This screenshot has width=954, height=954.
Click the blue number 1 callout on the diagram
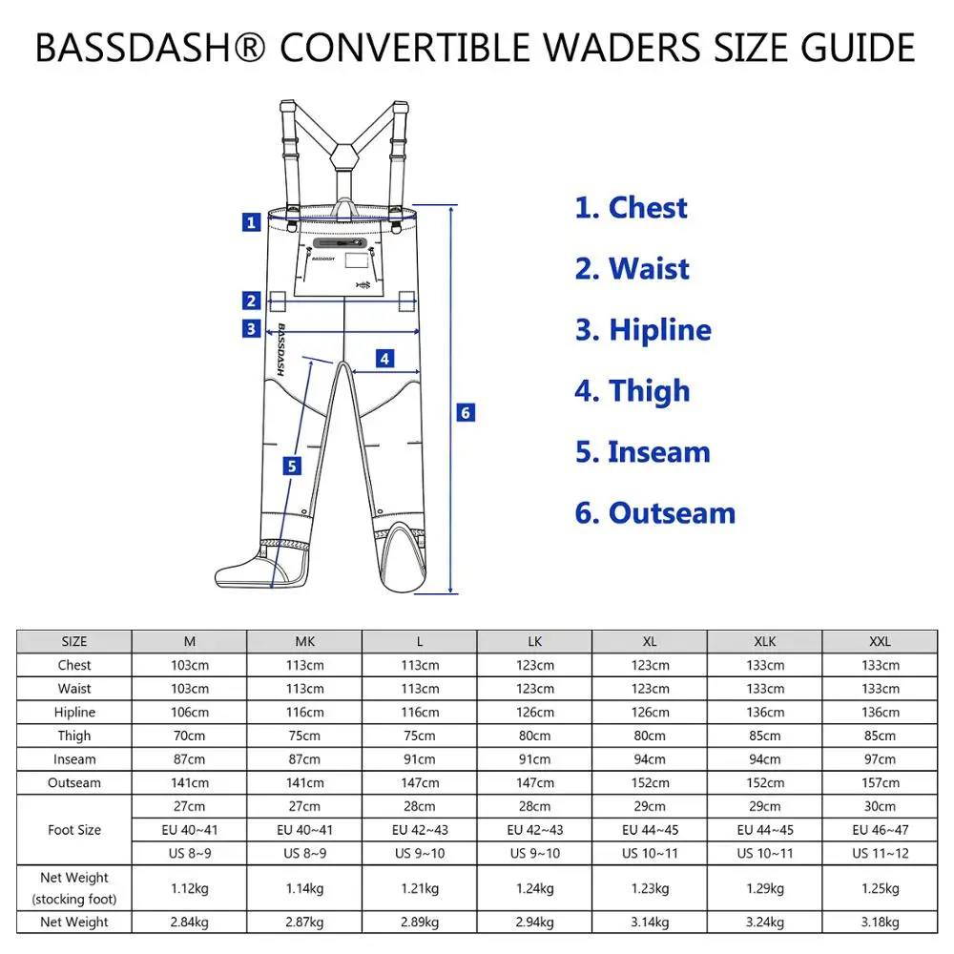tap(251, 222)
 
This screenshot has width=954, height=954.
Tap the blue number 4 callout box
tap(384, 359)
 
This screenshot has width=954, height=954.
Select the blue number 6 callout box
tap(466, 412)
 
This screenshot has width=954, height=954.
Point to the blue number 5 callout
tap(292, 466)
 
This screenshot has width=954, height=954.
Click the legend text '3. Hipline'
tap(643, 330)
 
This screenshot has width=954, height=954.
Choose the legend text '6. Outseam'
tap(654, 513)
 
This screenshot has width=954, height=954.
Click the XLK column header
tap(764, 642)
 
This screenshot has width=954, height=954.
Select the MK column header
tap(304, 642)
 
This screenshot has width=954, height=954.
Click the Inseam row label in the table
tap(74, 759)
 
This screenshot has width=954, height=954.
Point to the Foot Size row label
tap(74, 830)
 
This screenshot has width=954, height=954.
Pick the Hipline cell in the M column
tap(189, 713)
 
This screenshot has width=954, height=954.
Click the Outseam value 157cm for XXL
tap(880, 783)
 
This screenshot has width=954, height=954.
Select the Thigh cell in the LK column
tap(534, 736)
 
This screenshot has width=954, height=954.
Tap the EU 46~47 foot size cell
tap(880, 830)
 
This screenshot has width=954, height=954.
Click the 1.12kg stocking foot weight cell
tap(189, 888)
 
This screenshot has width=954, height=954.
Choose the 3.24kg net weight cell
tap(764, 923)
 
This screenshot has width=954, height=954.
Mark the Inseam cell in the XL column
tap(650, 759)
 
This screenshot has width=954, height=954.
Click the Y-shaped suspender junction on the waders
tap(342, 153)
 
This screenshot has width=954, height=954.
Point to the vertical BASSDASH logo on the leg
tap(284, 350)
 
